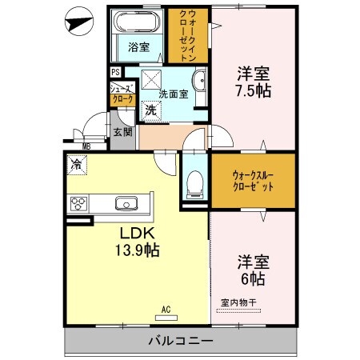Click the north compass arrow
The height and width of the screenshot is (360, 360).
click(79, 22)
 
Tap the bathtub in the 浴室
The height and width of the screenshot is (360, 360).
click(138, 23)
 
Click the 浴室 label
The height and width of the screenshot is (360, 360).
click(139, 47)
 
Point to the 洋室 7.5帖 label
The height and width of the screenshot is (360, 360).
click(253, 82)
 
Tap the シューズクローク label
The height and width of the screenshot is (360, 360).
click(122, 94)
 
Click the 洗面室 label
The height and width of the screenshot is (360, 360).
click(173, 94)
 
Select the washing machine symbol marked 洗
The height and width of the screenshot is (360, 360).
click(150, 111)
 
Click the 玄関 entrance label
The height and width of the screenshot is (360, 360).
click(122, 132)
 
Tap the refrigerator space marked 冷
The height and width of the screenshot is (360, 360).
click(75, 165)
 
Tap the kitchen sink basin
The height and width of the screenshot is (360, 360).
click(125, 203)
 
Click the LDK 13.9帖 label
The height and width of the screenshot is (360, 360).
click(139, 242)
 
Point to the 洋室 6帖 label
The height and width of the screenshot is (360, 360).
click(251, 270)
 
